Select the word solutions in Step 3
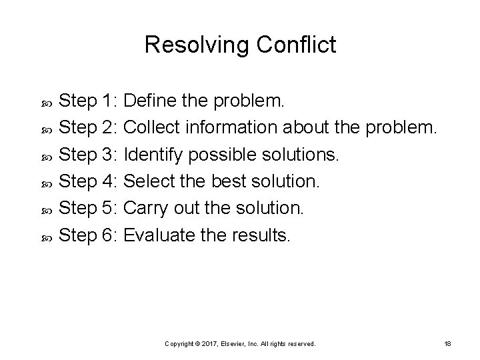point(305,155)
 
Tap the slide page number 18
point(447,343)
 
